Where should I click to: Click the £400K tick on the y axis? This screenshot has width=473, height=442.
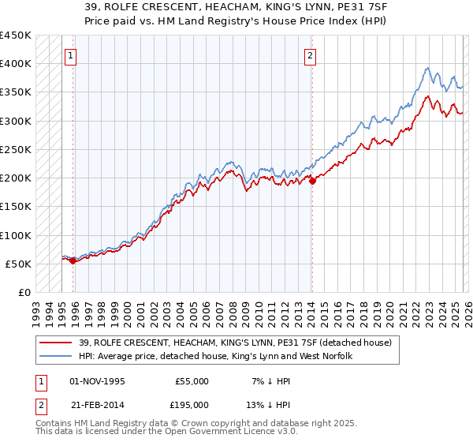coord(16,64)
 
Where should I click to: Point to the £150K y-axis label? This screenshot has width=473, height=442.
coord(16,207)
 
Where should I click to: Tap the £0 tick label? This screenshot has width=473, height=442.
coord(24,293)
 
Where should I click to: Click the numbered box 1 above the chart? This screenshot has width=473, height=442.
coord(72,55)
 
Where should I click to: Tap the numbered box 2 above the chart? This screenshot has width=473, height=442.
coord(311,55)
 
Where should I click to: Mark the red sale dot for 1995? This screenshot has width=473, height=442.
coord(73,261)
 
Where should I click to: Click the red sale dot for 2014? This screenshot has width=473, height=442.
coord(312,181)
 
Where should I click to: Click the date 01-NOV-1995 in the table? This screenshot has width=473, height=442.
coord(98,380)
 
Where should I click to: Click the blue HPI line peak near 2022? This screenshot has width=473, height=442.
coord(426,68)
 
